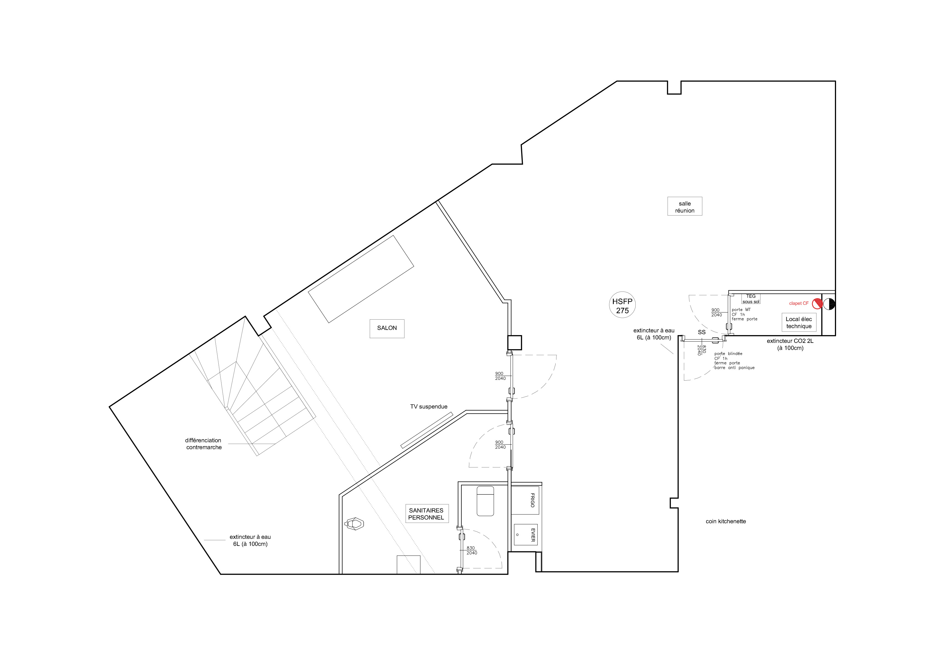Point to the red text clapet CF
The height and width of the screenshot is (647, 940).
tap(799, 303)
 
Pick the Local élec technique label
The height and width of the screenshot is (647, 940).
tap(799, 323)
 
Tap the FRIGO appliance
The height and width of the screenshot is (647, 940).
tap(525, 500)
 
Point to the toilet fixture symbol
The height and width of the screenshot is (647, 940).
tap(354, 524)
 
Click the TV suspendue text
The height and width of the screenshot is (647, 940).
tap(429, 407)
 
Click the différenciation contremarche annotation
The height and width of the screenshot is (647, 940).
tap(203, 444)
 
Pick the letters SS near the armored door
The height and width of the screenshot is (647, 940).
tap(702, 332)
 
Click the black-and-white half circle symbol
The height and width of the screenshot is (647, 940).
tap(829, 304)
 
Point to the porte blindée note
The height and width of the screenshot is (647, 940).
tap(734, 361)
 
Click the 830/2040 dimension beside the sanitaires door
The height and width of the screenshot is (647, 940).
tap(472, 550)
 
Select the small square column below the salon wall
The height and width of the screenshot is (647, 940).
tap(514, 343)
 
